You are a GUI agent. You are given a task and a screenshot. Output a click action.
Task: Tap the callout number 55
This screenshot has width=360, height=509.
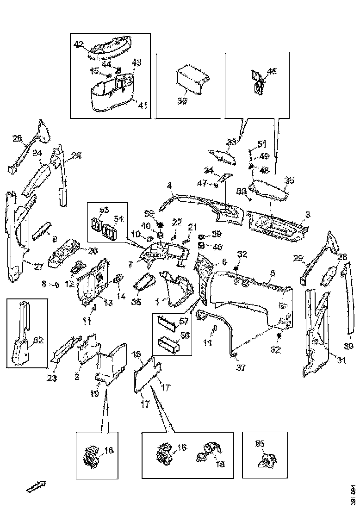click(x=260, y=443)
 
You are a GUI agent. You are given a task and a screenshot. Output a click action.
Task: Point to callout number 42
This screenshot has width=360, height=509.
click(x=79, y=44)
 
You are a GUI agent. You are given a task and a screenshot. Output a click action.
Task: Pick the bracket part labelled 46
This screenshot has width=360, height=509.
click(x=257, y=81)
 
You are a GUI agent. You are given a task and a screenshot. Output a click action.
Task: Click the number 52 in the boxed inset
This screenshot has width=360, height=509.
click(x=38, y=340)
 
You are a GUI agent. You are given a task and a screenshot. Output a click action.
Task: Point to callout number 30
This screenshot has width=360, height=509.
click(x=349, y=346)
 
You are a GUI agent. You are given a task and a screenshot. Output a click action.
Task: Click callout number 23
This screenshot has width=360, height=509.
click(x=52, y=379)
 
